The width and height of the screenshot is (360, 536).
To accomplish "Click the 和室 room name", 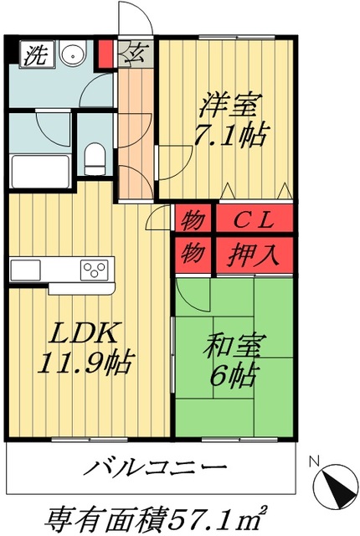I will point(232,345).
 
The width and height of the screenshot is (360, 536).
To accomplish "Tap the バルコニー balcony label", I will point(156,467).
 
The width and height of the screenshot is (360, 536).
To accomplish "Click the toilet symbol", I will point(95,157).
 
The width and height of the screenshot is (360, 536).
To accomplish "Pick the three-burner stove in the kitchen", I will point(94,269).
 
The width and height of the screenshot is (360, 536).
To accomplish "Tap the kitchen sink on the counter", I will point(24,270).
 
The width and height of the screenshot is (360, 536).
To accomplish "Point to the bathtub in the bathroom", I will point(39,171).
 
